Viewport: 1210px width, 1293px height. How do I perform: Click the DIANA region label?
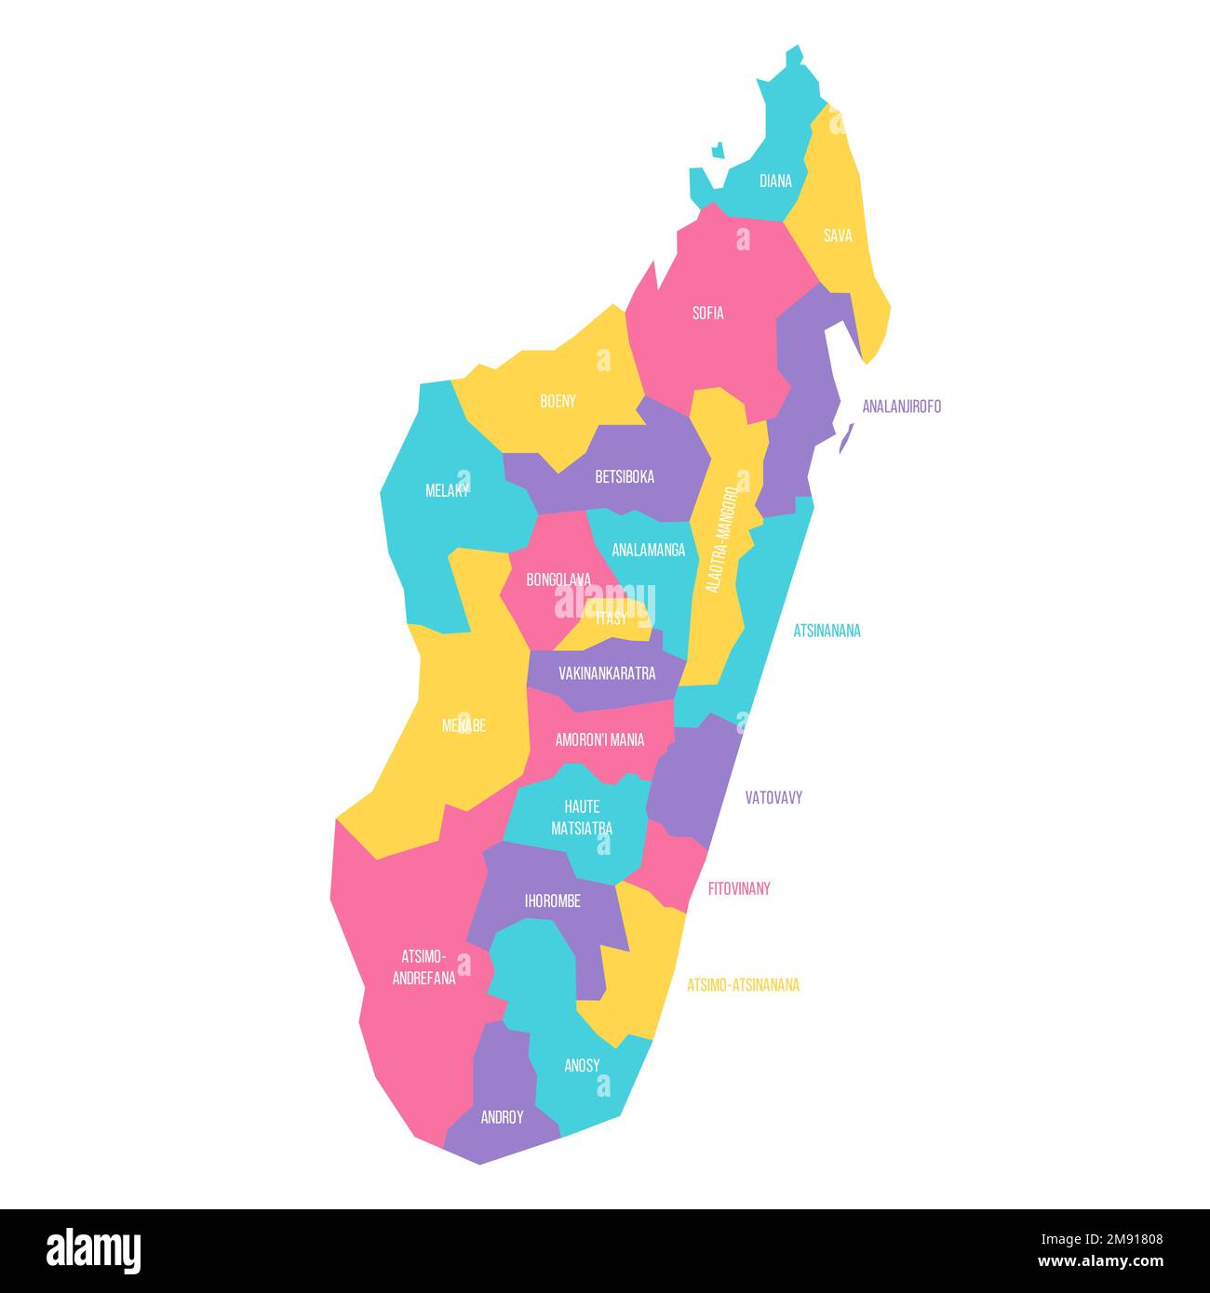click(775, 181)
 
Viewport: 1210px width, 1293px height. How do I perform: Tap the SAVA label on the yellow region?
click(838, 236)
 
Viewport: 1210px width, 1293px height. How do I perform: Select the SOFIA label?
click(707, 313)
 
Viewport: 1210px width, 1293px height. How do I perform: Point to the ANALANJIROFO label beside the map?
click(901, 407)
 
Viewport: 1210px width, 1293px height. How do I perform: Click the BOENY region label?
click(558, 402)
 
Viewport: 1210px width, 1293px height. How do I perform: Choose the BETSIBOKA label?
click(625, 477)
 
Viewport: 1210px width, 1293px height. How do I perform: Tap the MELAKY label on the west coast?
click(447, 490)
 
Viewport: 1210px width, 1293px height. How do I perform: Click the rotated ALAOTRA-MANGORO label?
click(721, 538)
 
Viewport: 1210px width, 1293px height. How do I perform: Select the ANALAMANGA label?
click(648, 550)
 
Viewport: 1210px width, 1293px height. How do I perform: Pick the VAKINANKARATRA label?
click(607, 673)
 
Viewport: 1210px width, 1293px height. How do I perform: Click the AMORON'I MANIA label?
click(599, 740)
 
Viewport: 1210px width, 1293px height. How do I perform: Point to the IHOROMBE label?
click(552, 901)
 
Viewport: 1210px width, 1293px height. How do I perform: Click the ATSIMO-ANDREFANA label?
click(423, 967)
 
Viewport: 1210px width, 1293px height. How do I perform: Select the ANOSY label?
click(582, 1066)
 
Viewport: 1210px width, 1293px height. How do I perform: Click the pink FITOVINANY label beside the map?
click(739, 888)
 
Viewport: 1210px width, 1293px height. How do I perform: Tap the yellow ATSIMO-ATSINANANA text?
click(743, 985)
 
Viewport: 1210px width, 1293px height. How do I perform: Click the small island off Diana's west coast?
click(718, 150)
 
